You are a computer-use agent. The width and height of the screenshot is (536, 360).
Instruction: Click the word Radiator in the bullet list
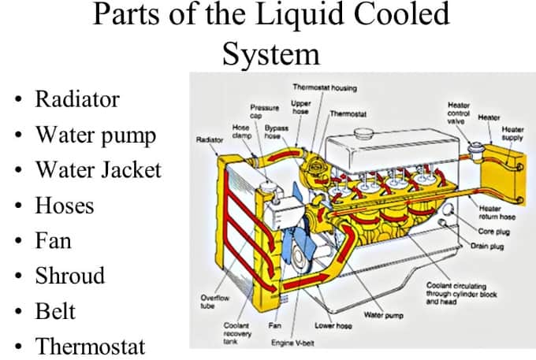[x=77, y=100]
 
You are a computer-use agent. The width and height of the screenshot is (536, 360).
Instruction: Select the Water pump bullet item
[x=95, y=135]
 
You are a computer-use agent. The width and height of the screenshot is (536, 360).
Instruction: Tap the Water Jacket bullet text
[x=98, y=170]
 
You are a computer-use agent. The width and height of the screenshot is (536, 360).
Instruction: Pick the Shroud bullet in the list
[x=70, y=276]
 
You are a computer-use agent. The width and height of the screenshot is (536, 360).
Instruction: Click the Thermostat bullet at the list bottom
[x=91, y=346]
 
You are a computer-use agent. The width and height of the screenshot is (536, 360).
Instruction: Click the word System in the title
[x=270, y=54]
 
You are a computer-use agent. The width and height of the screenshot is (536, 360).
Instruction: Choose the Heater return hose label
[x=497, y=213]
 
